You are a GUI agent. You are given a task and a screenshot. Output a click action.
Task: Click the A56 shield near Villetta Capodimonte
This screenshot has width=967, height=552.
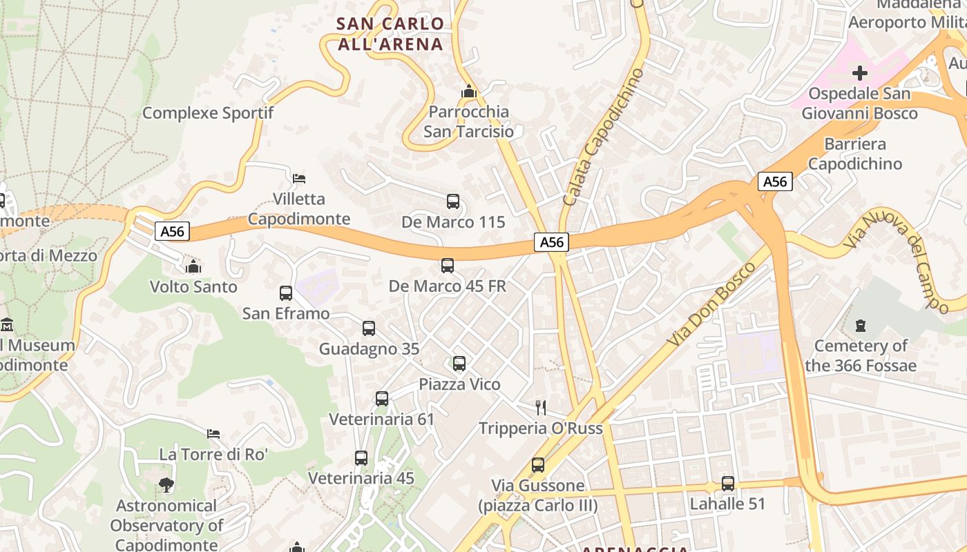[x=172, y=231]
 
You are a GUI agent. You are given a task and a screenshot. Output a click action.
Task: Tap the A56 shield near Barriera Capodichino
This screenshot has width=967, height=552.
[x=775, y=181]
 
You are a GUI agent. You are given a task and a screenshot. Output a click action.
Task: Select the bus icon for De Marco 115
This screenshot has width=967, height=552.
[x=453, y=201]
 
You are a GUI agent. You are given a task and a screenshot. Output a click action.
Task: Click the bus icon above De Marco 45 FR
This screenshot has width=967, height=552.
[x=448, y=265]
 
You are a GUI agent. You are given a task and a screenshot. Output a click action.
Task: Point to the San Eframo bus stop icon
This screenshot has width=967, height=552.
[x=286, y=293]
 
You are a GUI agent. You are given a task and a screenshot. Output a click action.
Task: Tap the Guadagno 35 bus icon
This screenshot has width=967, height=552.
[x=369, y=328]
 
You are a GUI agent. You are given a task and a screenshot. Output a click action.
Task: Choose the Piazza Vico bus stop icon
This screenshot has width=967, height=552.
[x=459, y=363]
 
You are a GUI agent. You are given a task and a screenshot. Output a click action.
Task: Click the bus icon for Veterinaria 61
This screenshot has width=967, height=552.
[x=382, y=398]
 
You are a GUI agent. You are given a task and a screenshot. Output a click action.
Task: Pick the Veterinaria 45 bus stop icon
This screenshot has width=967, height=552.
[x=361, y=457]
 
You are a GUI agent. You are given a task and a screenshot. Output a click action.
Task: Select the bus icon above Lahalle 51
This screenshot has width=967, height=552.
[x=728, y=483]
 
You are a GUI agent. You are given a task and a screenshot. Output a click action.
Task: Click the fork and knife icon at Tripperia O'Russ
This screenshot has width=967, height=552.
[x=541, y=407]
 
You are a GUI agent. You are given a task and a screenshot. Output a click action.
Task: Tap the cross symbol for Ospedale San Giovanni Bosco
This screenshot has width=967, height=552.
[x=860, y=72]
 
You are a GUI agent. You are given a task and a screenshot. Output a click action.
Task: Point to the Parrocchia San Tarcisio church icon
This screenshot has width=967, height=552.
[x=469, y=91]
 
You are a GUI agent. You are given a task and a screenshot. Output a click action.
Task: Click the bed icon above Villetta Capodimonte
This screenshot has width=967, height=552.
[x=299, y=178]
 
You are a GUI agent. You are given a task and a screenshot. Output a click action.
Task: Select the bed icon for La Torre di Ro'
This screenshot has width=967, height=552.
[x=213, y=433]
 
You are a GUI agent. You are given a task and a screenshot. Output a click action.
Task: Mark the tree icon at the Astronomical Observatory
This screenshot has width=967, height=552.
[x=166, y=485]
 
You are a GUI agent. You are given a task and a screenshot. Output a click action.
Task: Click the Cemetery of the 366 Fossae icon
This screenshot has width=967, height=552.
[x=861, y=324]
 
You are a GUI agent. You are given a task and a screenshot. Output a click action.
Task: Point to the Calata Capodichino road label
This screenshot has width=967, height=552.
[x=603, y=137]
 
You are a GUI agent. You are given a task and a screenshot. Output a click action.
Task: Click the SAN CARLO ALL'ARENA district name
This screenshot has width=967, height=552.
[x=390, y=34]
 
